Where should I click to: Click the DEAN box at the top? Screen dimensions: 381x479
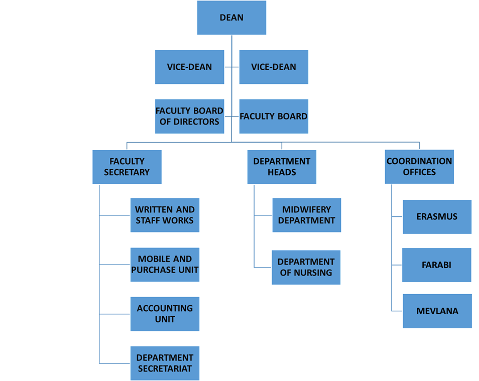point(231,18)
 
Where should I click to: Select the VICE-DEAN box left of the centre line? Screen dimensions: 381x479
point(189,67)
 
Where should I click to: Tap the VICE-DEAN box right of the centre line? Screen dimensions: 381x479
point(274,67)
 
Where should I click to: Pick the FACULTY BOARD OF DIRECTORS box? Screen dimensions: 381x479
point(189,116)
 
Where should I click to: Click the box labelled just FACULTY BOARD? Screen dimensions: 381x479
point(274,116)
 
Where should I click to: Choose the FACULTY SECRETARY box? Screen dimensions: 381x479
point(127,167)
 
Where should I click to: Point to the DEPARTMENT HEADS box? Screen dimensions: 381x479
point(282,167)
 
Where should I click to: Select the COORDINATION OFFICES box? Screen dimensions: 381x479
point(419,167)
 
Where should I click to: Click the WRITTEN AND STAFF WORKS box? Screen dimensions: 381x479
point(165,215)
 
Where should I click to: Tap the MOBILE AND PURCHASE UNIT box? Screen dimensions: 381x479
point(165,265)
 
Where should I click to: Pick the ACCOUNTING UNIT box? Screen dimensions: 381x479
point(165,314)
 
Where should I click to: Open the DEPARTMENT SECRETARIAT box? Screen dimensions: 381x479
point(165,363)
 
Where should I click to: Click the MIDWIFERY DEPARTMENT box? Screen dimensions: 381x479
point(307,215)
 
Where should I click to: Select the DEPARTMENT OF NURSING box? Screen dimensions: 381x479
point(306,267)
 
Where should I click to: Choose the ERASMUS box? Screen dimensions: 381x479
point(437,217)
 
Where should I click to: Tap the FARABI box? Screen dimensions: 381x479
point(436,265)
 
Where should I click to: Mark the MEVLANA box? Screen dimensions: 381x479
point(437,311)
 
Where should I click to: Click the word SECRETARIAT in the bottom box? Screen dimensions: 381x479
point(165,369)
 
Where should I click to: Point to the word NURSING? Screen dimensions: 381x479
point(313,273)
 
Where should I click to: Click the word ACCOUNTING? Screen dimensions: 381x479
point(165,308)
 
